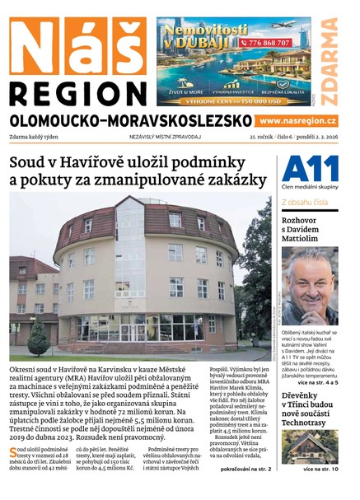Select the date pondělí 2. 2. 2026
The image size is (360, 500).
click(314, 137)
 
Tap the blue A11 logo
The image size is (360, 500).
click(309, 171)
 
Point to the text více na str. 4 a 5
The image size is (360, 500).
click(317, 359)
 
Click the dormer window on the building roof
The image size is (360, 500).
click(175, 220)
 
